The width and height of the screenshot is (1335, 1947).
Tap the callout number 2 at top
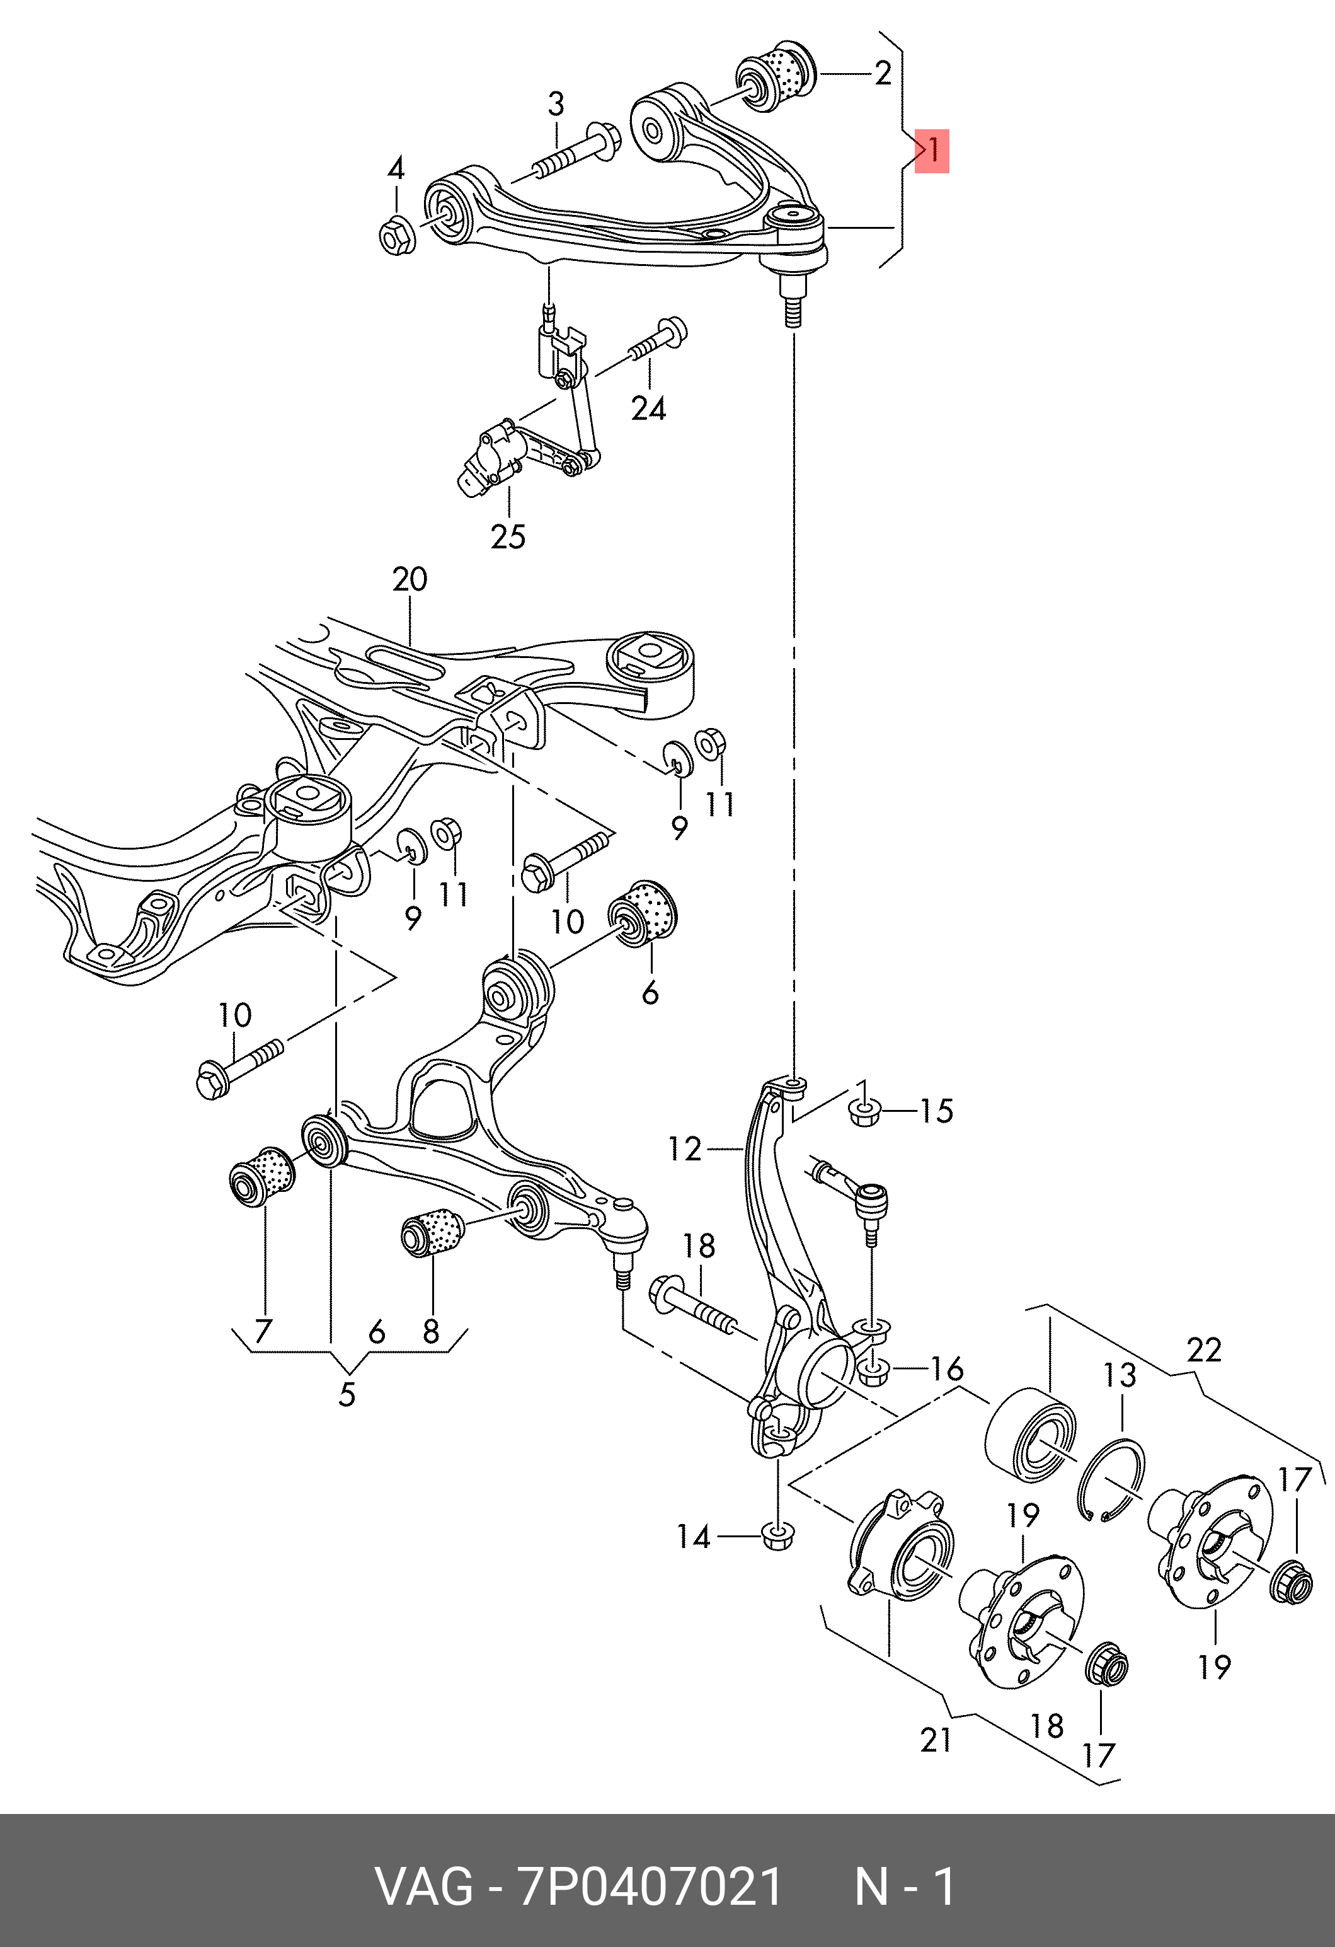pos(883,74)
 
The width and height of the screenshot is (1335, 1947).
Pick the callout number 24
pos(648,409)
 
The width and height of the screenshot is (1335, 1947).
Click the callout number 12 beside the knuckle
pos(684,1148)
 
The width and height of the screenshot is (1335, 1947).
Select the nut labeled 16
pos(873,1372)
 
